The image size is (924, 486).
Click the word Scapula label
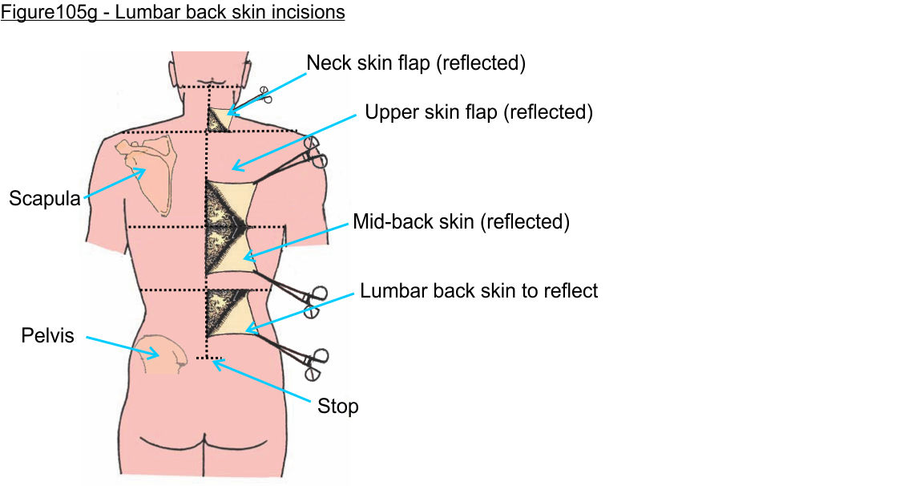45,198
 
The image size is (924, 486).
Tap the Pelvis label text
47,335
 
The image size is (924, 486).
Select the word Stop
337,407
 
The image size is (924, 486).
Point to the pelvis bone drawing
163,355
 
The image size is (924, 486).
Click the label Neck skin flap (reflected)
416,63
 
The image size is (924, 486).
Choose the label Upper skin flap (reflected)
478,112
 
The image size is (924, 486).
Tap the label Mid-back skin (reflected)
461,221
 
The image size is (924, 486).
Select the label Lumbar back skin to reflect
478,290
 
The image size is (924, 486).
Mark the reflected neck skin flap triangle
218,120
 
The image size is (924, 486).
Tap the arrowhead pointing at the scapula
143,170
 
